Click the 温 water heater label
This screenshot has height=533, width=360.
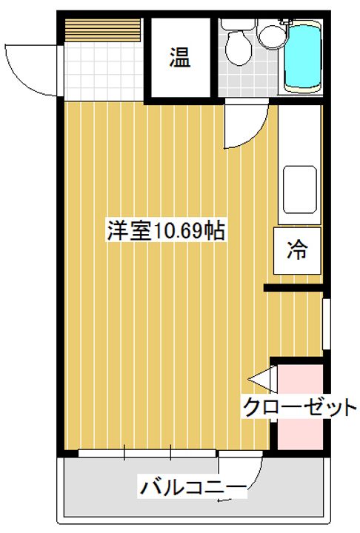pyautogui.click(x=180, y=57)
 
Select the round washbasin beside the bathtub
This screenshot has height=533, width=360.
pyautogui.click(x=271, y=36)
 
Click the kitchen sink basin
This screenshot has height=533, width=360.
pyautogui.click(x=301, y=189)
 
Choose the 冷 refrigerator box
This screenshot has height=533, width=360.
pyautogui.click(x=297, y=249)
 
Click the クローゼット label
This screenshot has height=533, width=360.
pyautogui.click(x=299, y=407)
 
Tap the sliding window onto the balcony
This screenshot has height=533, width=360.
pyautogui.click(x=148, y=452)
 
